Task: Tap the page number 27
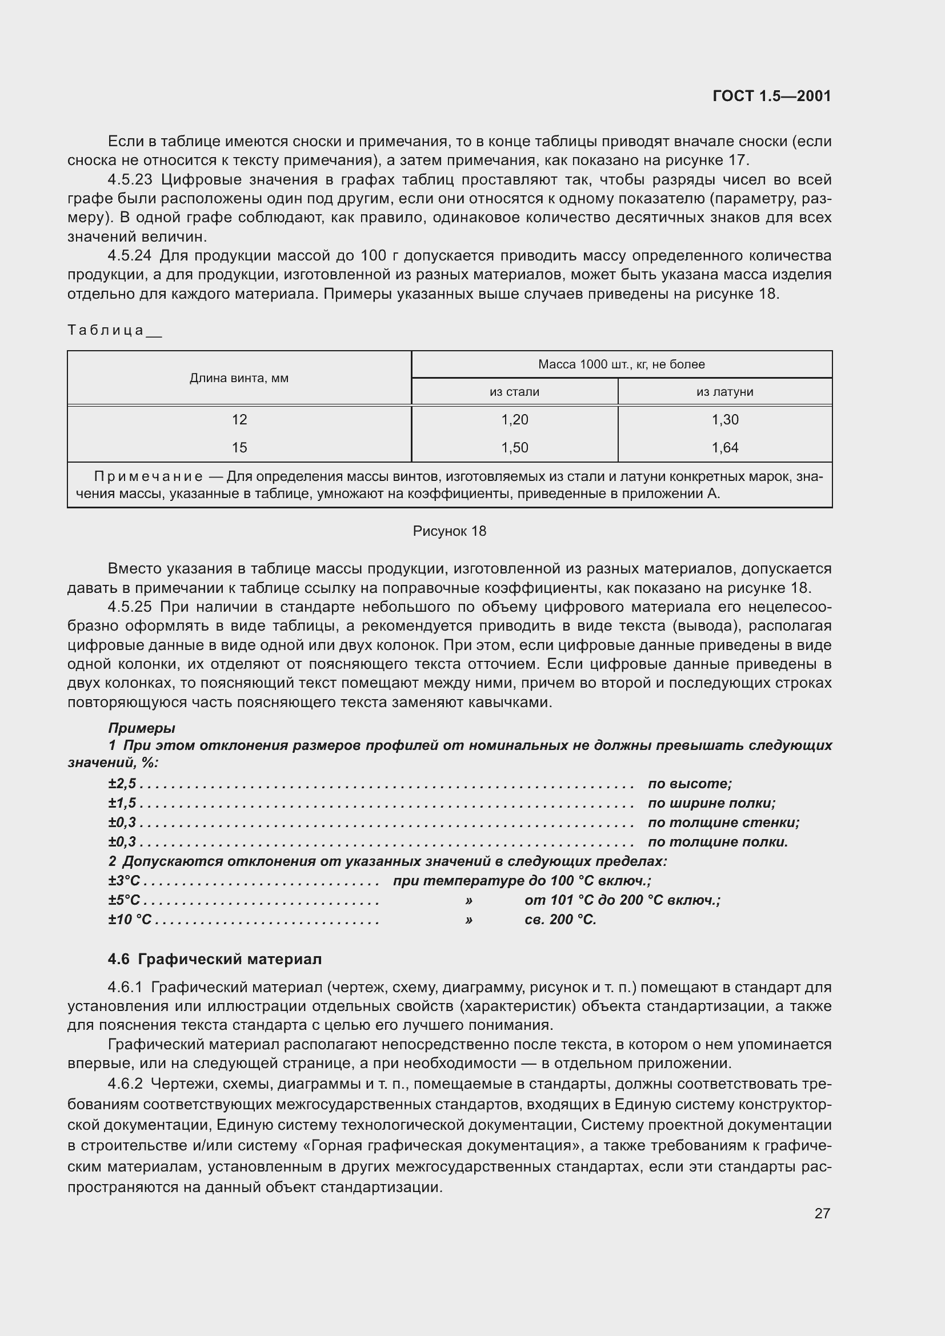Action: click(x=822, y=1213)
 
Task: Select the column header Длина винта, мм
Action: click(x=239, y=378)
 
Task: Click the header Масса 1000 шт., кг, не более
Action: click(x=622, y=364)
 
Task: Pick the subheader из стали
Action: click(x=514, y=392)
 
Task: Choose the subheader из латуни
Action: click(x=724, y=392)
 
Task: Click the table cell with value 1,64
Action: click(x=724, y=447)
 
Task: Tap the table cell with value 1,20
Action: click(x=514, y=420)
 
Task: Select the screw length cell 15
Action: click(x=239, y=447)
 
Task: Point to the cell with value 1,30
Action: click(x=724, y=420)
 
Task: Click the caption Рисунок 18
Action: click(x=449, y=531)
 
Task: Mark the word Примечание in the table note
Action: click(x=149, y=476)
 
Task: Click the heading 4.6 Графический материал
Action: click(x=215, y=959)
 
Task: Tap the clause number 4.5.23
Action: click(x=130, y=179)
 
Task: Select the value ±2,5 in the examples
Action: click(x=122, y=784)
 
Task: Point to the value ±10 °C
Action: click(x=130, y=920)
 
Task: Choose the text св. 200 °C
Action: click(x=560, y=920)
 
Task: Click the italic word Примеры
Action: click(x=141, y=728)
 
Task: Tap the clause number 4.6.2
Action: click(x=125, y=1084)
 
